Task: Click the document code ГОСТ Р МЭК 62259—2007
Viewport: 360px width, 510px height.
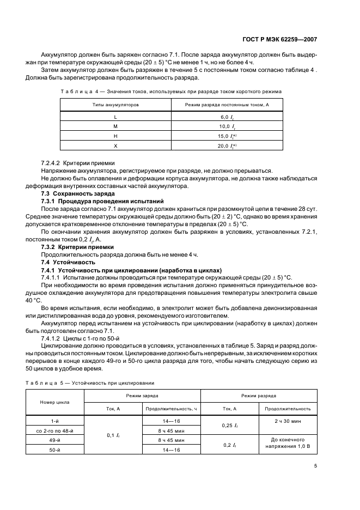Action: (x=290, y=39)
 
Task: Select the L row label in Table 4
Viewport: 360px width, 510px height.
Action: (x=115, y=117)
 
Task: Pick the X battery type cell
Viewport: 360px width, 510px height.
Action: (x=115, y=145)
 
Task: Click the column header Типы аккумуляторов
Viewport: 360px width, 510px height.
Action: (x=115, y=104)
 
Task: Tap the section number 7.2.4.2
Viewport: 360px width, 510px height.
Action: (x=53, y=163)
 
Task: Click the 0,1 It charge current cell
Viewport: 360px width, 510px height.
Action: (x=113, y=435)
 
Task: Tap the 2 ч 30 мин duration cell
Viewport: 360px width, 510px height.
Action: (x=288, y=421)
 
